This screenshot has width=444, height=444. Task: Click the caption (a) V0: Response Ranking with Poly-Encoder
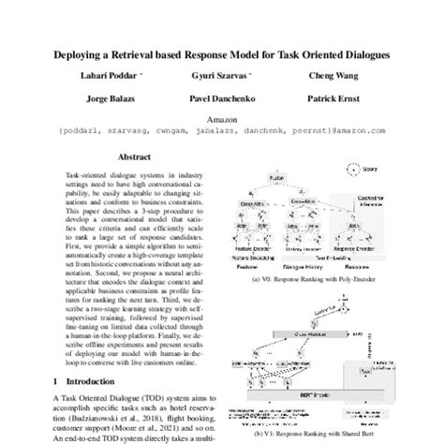coord(321,279)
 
